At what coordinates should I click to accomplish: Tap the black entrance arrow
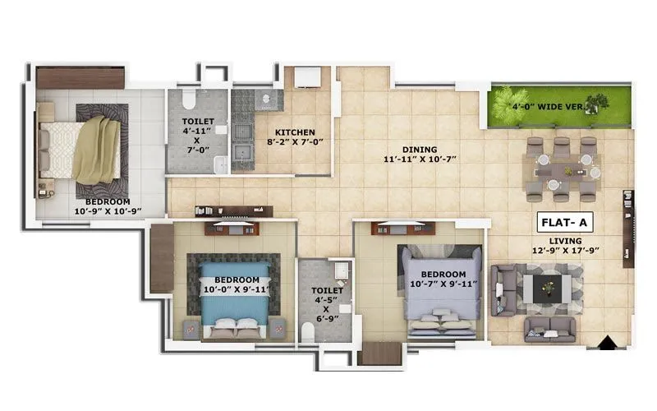(607, 344)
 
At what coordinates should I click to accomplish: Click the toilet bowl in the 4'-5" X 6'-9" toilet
(308, 331)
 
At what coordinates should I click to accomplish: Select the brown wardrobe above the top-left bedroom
(80, 77)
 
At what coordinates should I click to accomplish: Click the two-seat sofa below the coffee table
(549, 330)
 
